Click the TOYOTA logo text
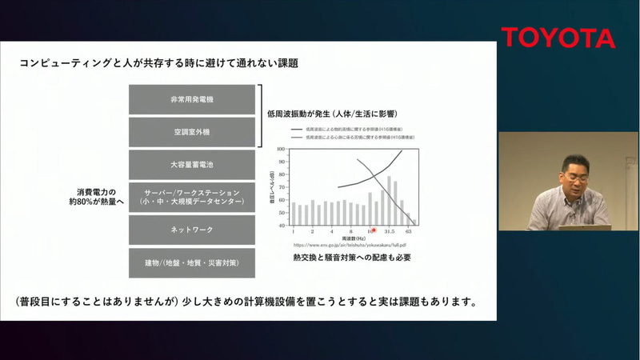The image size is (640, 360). coord(558,38)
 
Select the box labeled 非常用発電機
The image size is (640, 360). coord(192,99)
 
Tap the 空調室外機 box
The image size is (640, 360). coord(192,131)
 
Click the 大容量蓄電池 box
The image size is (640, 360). coord(192,164)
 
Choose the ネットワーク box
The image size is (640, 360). coord(192,230)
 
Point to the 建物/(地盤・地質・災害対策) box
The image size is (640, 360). coord(192,262)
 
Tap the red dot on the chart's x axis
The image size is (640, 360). coord(374,230)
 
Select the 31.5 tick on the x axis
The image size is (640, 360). coord(390,231)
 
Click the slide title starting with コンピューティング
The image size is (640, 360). coord(163,62)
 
